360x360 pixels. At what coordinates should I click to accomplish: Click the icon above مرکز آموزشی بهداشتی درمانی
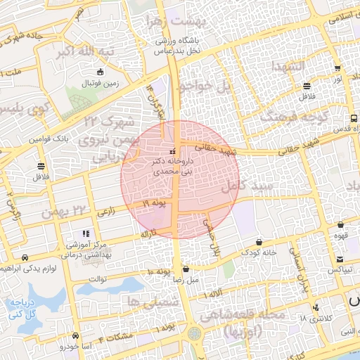[x=86, y=233]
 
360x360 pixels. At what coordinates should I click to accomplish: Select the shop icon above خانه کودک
[x=259, y=241]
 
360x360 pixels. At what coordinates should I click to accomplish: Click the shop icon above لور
[x=337, y=69]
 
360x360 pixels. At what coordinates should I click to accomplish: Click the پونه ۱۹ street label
[x=153, y=203]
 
